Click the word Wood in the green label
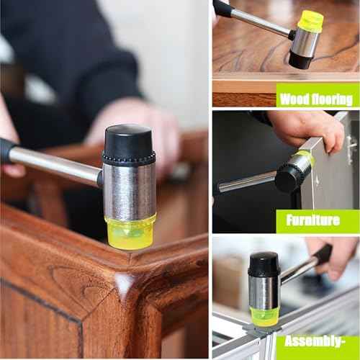click(x=294, y=99)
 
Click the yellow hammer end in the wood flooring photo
click(x=310, y=21)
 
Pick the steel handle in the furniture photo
click(x=245, y=181)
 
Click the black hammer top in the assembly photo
click(x=264, y=264)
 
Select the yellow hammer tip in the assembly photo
click(x=264, y=315)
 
